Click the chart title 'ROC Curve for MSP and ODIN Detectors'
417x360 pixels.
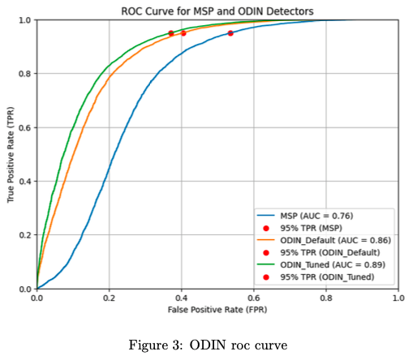(217, 11)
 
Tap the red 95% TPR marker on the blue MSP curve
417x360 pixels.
(230, 33)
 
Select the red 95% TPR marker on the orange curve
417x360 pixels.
(183, 33)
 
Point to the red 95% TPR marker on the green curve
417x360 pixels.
(171, 33)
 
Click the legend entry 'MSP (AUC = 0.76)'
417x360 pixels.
(316, 216)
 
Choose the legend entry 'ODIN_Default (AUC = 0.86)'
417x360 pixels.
(336, 240)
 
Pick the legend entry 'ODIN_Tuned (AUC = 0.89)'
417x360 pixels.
(333, 264)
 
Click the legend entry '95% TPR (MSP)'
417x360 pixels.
(312, 228)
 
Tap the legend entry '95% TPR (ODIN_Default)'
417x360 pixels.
(330, 252)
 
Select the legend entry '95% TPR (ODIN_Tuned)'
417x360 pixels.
(327, 277)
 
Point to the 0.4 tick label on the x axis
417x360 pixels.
(181, 298)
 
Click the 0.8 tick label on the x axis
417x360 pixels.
(326, 298)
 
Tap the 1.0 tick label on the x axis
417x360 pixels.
(398, 298)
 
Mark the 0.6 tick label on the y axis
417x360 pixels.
(25, 127)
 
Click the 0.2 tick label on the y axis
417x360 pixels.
(25, 235)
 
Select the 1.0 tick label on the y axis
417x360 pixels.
(25, 20)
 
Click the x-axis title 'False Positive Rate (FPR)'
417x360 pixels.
(217, 310)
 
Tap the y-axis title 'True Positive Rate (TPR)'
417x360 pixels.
(11, 155)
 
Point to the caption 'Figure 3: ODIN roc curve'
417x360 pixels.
(208, 345)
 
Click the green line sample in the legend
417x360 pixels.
(266, 264)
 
